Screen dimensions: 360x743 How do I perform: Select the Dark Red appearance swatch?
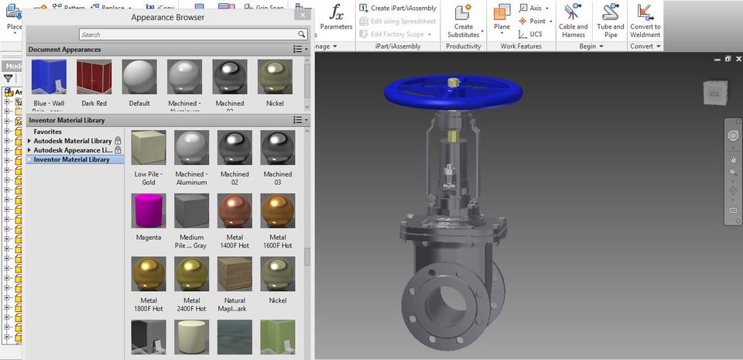click(x=94, y=77)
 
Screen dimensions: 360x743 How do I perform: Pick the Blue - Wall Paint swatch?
click(x=49, y=77)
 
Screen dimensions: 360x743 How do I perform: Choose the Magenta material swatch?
click(x=148, y=211)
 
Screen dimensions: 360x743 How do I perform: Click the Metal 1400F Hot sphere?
click(x=235, y=211)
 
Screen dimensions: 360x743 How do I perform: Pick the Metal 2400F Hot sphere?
click(x=191, y=273)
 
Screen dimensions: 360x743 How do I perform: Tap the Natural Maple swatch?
click(x=235, y=273)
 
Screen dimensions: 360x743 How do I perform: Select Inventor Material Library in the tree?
click(x=77, y=159)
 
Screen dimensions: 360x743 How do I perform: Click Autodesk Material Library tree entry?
click(x=72, y=141)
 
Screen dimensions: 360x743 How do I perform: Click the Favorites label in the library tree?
click(x=48, y=132)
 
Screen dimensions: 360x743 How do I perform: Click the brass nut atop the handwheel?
click(x=453, y=81)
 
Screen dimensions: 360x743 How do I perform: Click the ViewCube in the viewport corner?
click(x=714, y=94)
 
